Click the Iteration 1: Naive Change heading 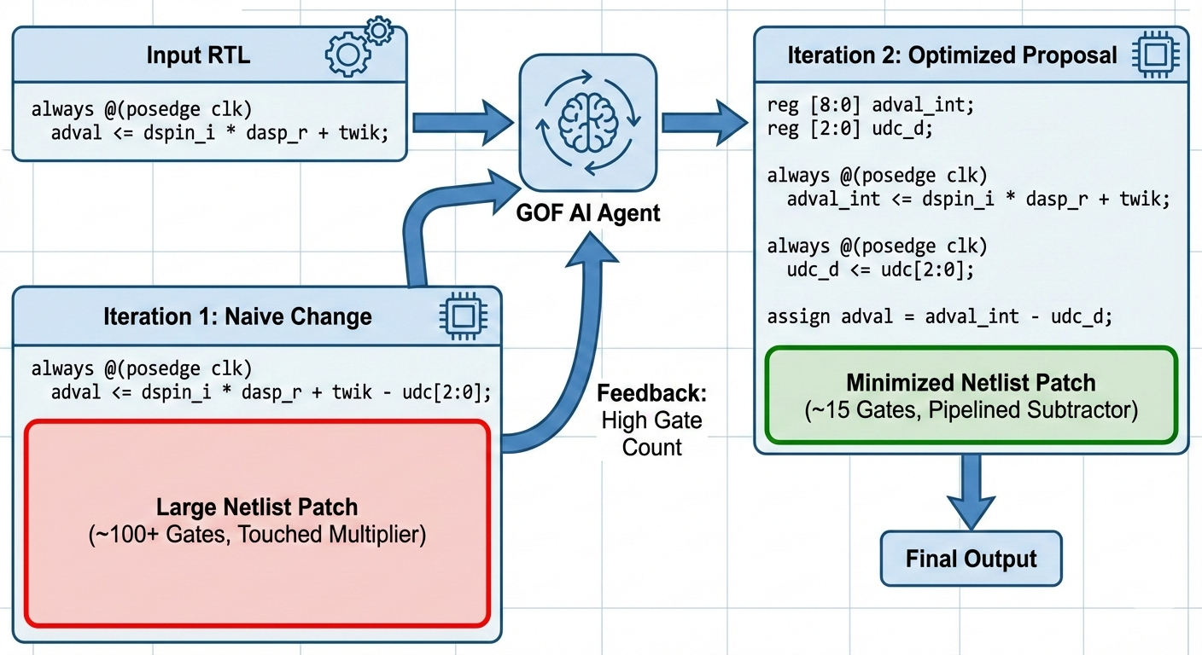click(x=237, y=316)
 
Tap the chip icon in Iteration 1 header click(x=462, y=316)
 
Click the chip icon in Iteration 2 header click(x=1154, y=55)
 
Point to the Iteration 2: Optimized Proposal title click(x=952, y=56)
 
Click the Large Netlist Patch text click(x=256, y=507)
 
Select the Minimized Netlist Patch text click(x=971, y=382)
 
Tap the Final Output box click(x=971, y=559)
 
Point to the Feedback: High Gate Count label click(x=651, y=420)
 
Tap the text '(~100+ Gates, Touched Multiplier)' click(x=256, y=536)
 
